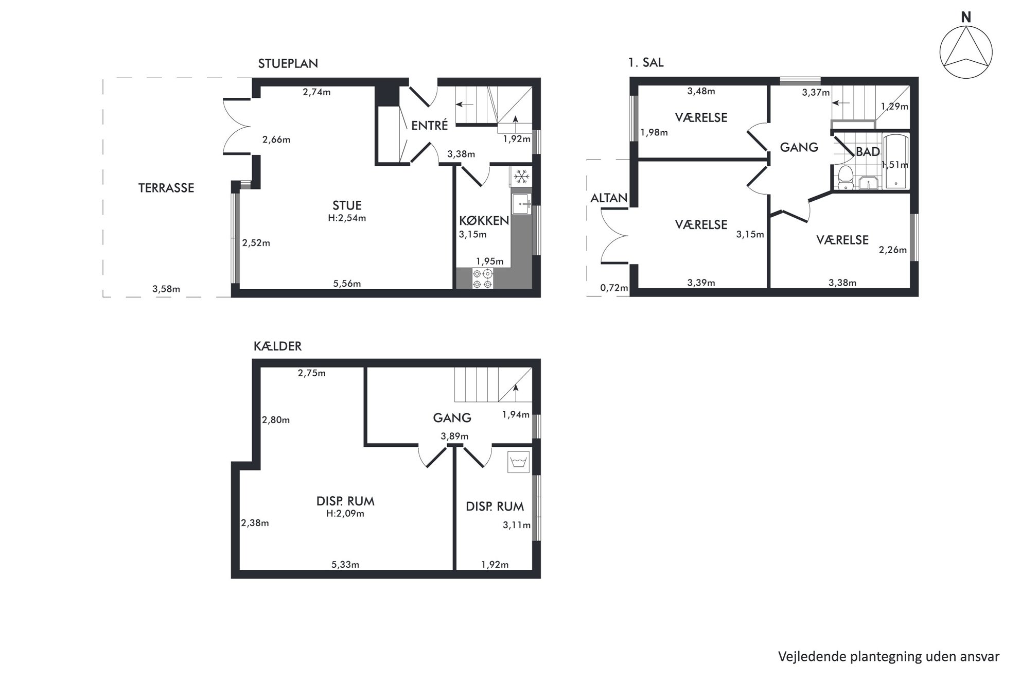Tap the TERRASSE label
coord(166,188)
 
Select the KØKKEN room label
coord(484,221)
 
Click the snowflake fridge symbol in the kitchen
coord(521,177)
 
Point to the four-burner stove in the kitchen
coord(483,278)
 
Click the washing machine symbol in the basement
coord(518,462)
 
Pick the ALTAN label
coord(609,198)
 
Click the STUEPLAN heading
coord(288,63)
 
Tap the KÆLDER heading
coord(277,346)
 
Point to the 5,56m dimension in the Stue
coord(347,284)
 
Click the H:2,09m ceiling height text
coord(345,514)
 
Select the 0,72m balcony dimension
coord(614,288)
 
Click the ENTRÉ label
coord(430,125)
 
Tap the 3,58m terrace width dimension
coord(166,289)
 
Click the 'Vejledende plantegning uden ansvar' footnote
coord(889,657)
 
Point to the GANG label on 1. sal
coord(799,148)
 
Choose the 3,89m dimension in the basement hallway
coord(454,436)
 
